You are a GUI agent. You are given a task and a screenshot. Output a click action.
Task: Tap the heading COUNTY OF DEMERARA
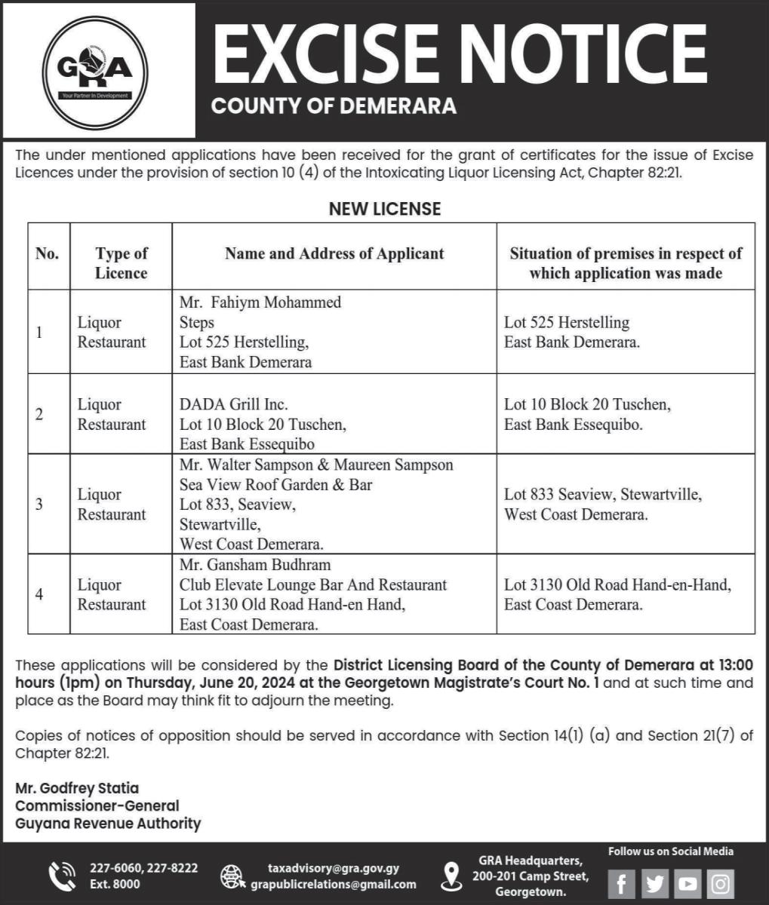[334, 106]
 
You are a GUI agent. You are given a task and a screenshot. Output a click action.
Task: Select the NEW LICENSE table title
[384, 208]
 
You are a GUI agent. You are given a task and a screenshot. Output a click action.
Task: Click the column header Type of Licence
[121, 262]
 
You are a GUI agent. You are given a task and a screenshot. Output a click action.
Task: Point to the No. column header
[48, 254]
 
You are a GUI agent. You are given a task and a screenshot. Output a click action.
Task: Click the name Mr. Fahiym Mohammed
[260, 302]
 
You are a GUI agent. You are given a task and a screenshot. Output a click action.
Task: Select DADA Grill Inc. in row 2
[234, 405]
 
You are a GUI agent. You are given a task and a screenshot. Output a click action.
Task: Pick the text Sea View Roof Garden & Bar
[275, 485]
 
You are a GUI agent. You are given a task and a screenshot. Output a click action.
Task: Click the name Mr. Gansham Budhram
[255, 565]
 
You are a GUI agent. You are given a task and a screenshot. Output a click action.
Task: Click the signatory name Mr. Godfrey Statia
[77, 788]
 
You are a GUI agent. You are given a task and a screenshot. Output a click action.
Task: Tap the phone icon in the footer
[62, 876]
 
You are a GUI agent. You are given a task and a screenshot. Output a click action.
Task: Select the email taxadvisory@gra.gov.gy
[334, 869]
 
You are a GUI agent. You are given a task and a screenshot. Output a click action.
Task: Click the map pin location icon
[451, 876]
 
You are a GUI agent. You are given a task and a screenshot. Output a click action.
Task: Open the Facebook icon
[621, 883]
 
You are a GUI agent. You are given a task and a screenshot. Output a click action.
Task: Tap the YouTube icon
[687, 883]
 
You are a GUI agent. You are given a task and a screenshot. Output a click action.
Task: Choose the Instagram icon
[721, 883]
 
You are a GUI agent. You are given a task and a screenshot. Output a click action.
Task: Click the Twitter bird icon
[654, 883]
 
